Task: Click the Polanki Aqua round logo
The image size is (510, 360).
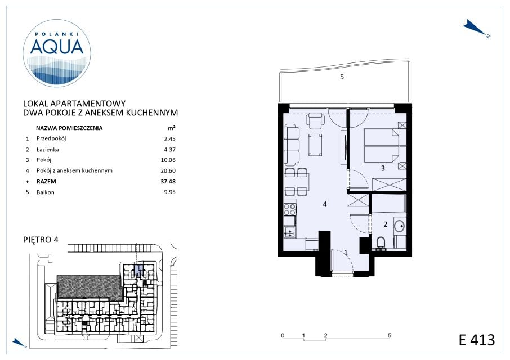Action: (x=57, y=53)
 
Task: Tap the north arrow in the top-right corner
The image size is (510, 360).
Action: (x=476, y=29)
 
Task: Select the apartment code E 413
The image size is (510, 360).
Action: (x=477, y=340)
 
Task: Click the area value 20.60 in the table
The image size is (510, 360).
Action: (x=168, y=170)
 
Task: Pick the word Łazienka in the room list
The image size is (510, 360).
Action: (x=48, y=150)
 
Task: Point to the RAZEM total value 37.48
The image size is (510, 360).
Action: (x=168, y=181)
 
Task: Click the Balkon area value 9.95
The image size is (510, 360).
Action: (x=170, y=192)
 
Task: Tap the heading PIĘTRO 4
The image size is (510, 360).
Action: (x=41, y=240)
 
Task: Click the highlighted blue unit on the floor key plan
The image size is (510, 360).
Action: (x=138, y=270)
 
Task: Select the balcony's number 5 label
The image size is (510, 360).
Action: (x=342, y=76)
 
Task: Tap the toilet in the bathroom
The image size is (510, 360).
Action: (x=380, y=243)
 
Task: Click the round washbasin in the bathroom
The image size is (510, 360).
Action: (x=400, y=225)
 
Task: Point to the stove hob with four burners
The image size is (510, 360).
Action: (x=289, y=209)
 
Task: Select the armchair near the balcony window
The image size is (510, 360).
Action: (x=315, y=121)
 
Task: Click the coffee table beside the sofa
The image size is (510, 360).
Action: (x=315, y=145)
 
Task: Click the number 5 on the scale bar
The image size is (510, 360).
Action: (x=390, y=335)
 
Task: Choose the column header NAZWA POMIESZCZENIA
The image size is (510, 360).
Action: (x=69, y=128)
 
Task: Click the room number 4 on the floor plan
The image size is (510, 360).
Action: (x=325, y=204)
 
